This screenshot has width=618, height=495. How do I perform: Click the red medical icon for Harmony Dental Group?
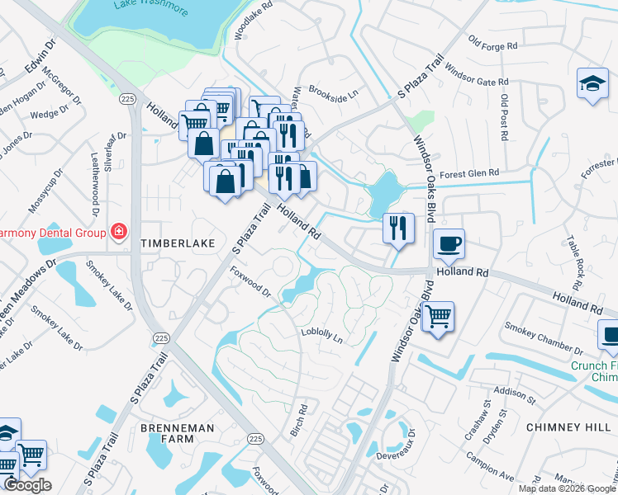pyautogui.click(x=120, y=230)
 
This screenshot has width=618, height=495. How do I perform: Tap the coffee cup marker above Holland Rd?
pyautogui.click(x=449, y=244)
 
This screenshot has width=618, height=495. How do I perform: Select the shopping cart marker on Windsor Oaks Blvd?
pyautogui.click(x=438, y=316)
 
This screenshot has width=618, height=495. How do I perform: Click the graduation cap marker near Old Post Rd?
pyautogui.click(x=592, y=84)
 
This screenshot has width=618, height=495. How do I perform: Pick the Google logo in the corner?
pyautogui.click(x=26, y=486)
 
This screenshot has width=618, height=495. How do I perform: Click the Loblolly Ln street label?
pyautogui.click(x=322, y=333)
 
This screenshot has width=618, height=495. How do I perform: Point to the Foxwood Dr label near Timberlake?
pyautogui.click(x=250, y=280)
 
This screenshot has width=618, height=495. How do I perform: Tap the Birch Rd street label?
pyautogui.click(x=299, y=421)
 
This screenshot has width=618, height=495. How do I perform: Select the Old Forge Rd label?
pyautogui.click(x=492, y=42)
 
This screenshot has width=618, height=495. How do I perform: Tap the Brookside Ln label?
pyautogui.click(x=332, y=92)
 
